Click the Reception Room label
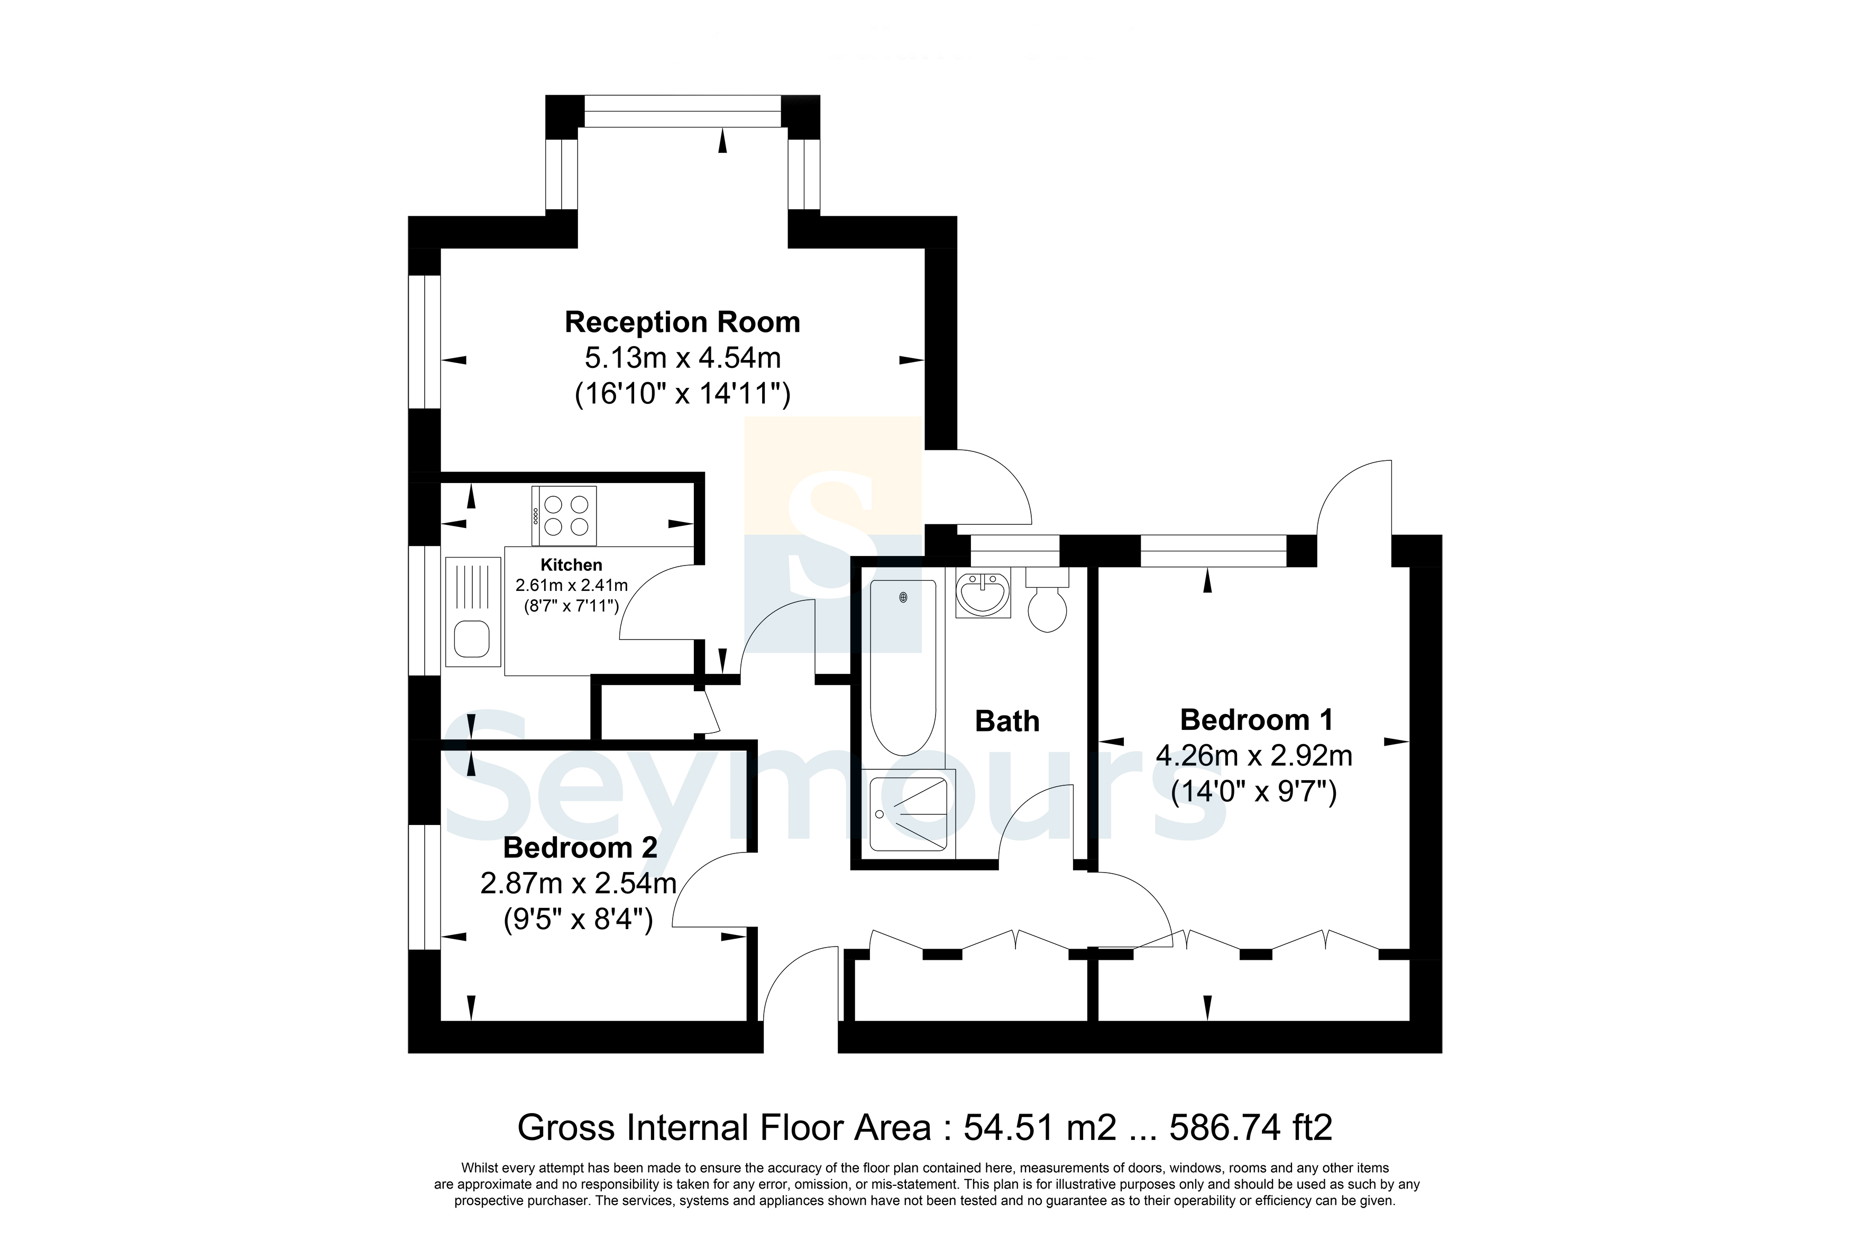tap(682, 322)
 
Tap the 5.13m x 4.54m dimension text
tap(682, 358)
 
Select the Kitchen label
tap(571, 564)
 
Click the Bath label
tap(1007, 721)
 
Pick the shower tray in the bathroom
tap(909, 814)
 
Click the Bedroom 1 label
tap(1256, 719)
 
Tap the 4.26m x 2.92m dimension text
tap(1254, 756)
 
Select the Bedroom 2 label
tap(580, 848)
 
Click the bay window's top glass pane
tap(682, 111)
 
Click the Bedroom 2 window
tap(425, 887)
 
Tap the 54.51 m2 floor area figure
tap(1040, 1128)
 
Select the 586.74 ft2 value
tap(1251, 1128)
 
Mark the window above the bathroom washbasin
tap(1015, 551)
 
